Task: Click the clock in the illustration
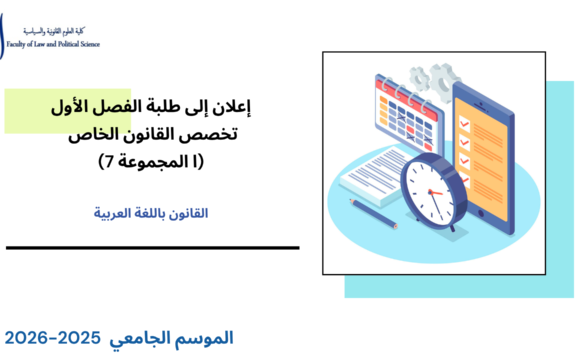coord(433,181)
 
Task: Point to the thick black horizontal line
coord(150,247)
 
